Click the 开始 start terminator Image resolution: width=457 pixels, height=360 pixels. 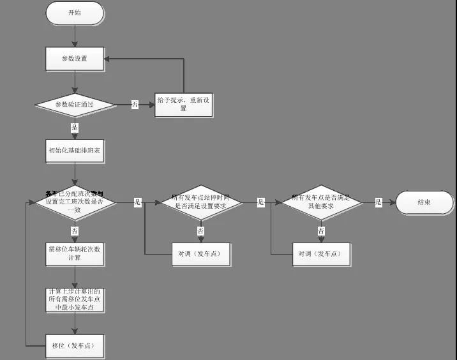[x=75, y=13]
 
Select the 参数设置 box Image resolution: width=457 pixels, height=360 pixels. [x=75, y=59]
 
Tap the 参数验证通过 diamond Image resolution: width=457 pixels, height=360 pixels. [x=75, y=105]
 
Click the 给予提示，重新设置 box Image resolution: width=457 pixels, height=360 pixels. [x=184, y=105]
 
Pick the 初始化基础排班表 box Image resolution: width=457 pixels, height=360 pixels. [x=75, y=151]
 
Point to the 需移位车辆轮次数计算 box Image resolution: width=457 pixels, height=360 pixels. [x=75, y=253]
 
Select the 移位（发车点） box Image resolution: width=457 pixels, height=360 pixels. [x=75, y=345]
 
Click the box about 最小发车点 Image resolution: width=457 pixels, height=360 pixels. [x=75, y=299]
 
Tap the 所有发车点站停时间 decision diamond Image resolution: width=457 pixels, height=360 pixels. [x=200, y=202]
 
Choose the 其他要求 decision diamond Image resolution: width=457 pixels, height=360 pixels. [x=321, y=202]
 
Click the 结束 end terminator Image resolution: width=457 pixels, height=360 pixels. [x=424, y=202]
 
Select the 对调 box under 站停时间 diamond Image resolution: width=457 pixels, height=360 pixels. [x=200, y=253]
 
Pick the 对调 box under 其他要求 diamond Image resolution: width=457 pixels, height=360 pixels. [x=321, y=253]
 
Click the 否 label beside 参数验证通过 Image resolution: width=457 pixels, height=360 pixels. [x=135, y=105]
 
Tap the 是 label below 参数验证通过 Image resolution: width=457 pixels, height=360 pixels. [x=75, y=128]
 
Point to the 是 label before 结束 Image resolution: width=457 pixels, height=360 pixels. [x=378, y=202]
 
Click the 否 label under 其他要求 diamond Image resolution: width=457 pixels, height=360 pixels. [x=321, y=230]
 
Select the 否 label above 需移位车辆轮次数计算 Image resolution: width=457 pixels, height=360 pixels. [x=75, y=230]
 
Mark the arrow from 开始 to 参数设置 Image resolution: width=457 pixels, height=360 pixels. [x=75, y=36]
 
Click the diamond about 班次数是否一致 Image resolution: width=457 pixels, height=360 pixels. [x=75, y=202]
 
